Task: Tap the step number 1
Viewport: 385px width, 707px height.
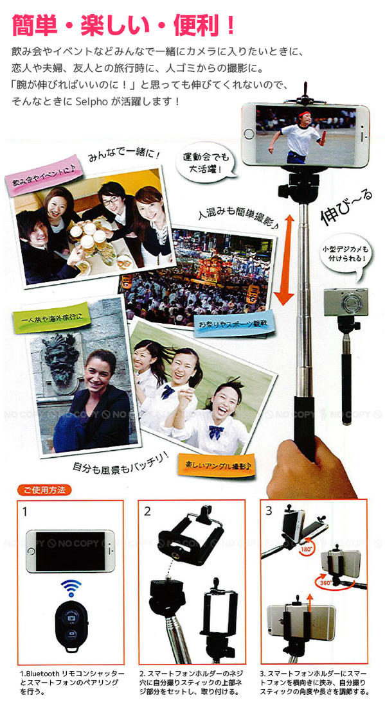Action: click(x=25, y=512)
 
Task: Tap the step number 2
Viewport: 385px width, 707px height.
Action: click(x=147, y=512)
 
